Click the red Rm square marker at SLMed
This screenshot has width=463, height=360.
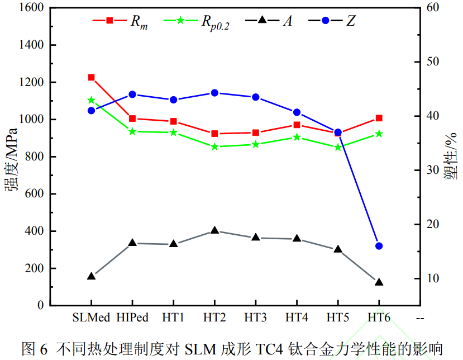coord(91,78)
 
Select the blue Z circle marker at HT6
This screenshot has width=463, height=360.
coord(379,246)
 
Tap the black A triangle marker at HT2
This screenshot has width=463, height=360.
coord(214,231)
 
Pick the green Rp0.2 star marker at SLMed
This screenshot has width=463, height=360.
coord(91,101)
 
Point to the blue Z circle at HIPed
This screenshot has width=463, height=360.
coord(132,94)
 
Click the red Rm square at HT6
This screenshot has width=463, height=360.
coord(379,119)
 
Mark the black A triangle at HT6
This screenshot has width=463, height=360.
coord(379,282)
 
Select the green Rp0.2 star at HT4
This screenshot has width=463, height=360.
coord(297,137)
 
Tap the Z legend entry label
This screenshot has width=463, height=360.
coord(351,21)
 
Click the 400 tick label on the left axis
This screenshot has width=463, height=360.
coord(31,231)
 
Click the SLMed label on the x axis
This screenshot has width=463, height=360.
coord(91,317)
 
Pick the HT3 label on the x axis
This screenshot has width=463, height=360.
coord(255,317)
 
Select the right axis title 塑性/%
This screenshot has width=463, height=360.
coord(451,156)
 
